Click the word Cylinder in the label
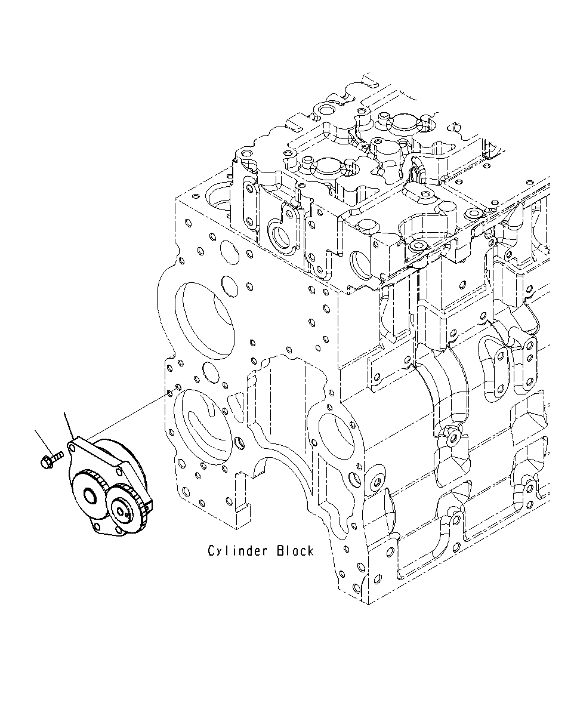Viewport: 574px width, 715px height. (x=237, y=550)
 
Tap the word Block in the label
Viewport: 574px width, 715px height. (x=295, y=550)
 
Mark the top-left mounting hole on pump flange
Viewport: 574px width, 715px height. (x=73, y=445)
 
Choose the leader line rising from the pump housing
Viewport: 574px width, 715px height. (x=68, y=425)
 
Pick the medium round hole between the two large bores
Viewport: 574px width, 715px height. (x=211, y=371)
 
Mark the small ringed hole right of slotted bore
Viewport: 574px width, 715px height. (x=240, y=443)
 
